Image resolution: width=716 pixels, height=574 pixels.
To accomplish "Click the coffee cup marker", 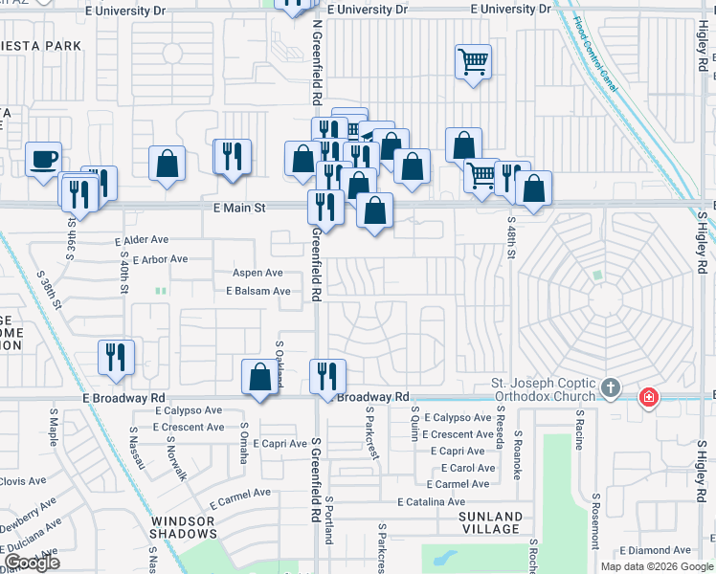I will point(43,159).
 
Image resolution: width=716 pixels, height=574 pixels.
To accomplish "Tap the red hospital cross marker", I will point(648,395).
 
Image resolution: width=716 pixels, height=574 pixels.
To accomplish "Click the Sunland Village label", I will point(490,523).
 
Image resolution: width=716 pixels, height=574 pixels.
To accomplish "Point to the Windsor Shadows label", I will point(183,526).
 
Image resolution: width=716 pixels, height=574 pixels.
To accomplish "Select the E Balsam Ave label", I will point(257,291).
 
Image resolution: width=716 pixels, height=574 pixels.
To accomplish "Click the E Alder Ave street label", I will point(141,242).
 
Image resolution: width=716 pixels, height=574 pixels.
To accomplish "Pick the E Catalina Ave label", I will point(432,501).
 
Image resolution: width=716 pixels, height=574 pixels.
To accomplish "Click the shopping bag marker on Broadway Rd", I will point(259,377).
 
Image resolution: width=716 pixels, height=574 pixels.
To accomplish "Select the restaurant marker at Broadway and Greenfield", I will point(327,376).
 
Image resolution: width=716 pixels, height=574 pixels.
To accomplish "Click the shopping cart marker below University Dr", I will point(473,63).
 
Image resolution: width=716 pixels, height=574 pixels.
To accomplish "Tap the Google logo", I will point(32,563).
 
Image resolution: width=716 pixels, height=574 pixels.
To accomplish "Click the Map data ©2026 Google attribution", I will point(656,566).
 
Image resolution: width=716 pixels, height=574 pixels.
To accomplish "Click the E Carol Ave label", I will point(468,468).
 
